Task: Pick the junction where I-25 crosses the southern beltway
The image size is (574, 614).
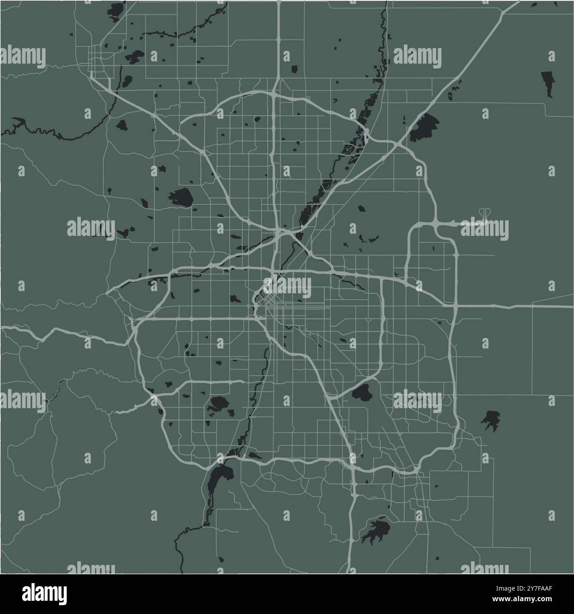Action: (x=352, y=462)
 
